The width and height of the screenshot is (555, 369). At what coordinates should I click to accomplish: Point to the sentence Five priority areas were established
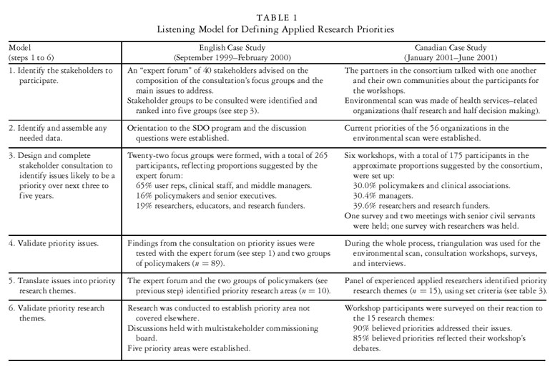[187, 348]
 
